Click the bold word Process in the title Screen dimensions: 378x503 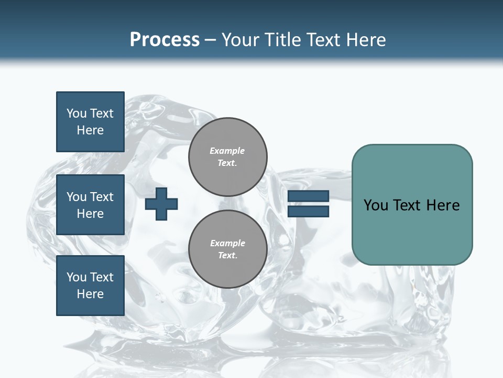pos(165,40)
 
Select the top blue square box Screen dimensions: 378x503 pos(90,122)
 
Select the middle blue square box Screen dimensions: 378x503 pos(90,205)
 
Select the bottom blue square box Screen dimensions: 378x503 pos(90,286)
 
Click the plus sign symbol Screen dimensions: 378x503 pos(161,204)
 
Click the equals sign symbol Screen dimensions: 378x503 pos(308,204)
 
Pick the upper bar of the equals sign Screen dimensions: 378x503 pos(308,196)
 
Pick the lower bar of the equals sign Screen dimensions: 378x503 pos(308,211)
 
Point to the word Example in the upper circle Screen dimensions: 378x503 pos(227,151)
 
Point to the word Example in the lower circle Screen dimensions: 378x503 pos(227,243)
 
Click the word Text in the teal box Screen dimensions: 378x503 pos(408,205)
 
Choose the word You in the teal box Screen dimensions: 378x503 pos(376,205)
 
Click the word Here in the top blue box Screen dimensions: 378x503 pos(90,130)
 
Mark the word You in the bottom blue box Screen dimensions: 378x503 pos(76,277)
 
